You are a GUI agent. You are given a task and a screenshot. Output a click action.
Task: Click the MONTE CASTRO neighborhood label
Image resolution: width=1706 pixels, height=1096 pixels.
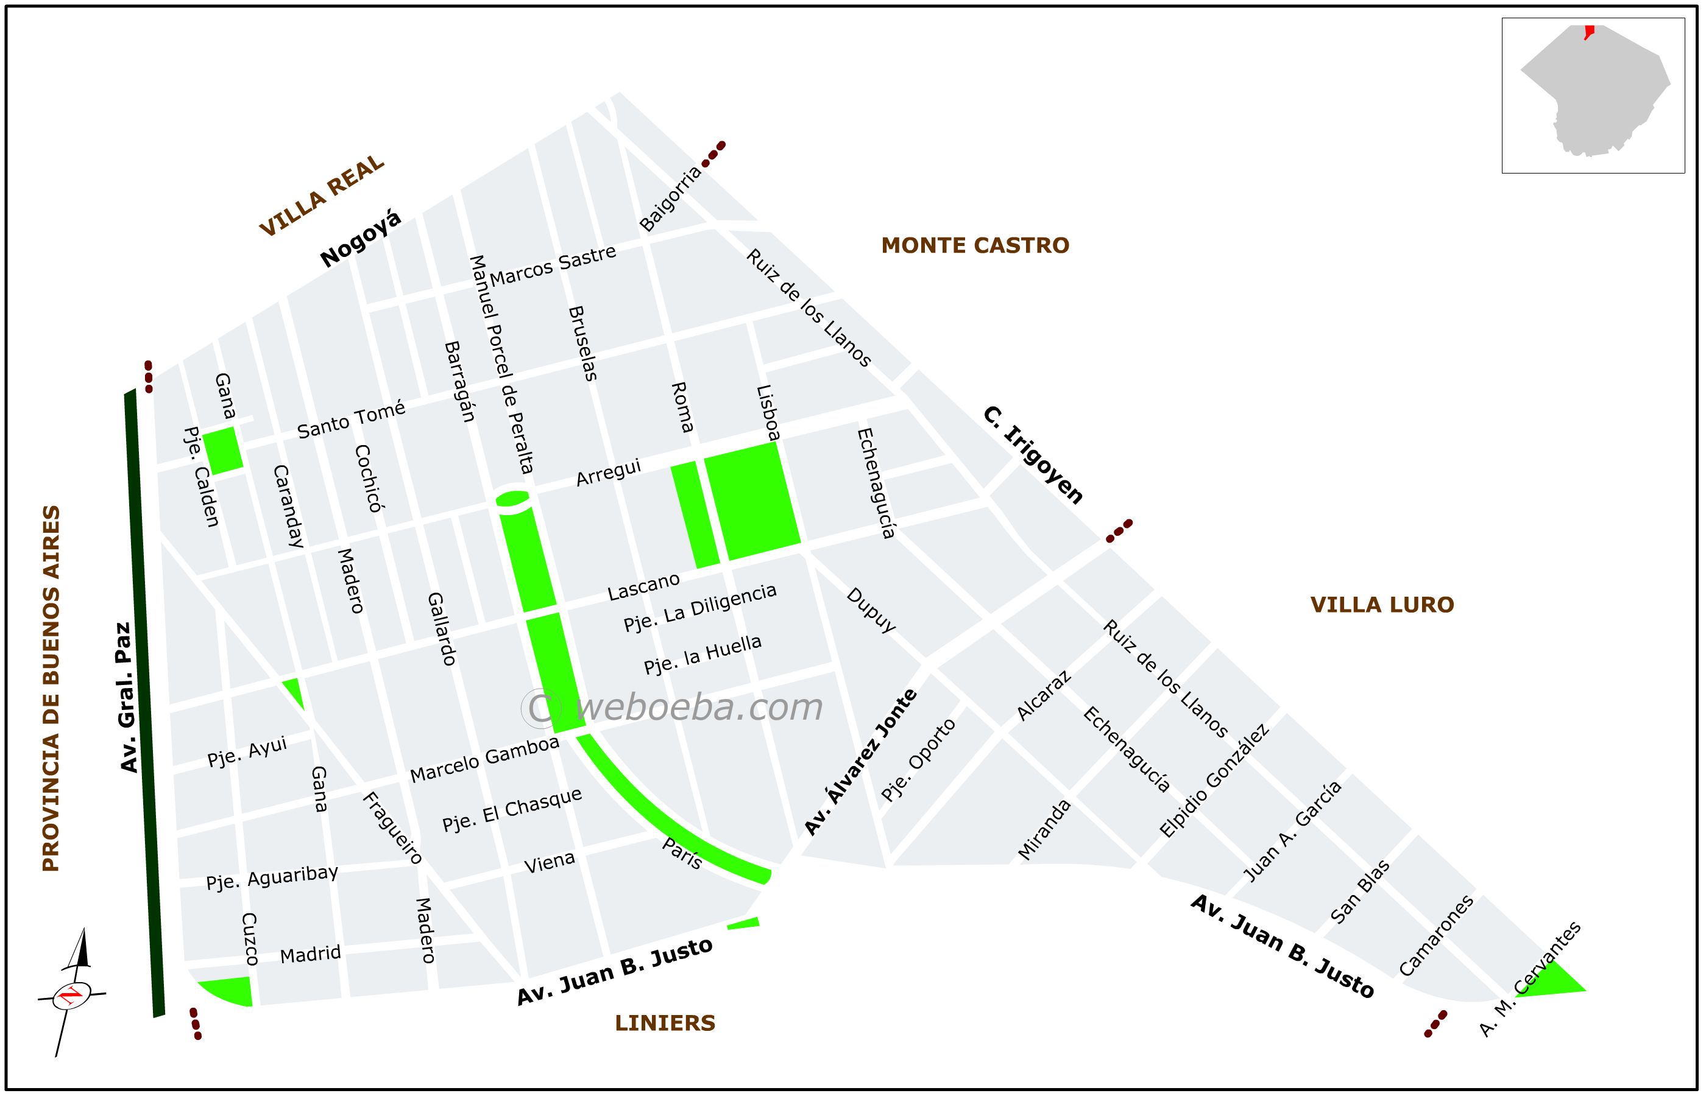[x=975, y=245]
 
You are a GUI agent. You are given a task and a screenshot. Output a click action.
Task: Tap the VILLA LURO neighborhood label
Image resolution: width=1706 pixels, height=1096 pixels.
[x=1381, y=605]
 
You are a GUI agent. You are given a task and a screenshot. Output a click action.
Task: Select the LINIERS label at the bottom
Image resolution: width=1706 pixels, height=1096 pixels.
[x=664, y=1023]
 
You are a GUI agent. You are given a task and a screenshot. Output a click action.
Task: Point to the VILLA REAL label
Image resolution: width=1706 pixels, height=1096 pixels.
[x=321, y=195]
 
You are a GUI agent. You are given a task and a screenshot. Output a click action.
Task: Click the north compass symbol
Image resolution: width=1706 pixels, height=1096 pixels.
[x=71, y=993]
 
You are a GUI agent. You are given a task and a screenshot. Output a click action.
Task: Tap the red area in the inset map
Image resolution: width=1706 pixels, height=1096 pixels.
[x=1588, y=31]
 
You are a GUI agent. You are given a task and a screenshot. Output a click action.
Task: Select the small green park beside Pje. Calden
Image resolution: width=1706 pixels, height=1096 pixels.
[x=223, y=450]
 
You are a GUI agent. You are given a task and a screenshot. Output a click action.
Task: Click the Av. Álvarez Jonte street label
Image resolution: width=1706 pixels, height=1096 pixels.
[x=860, y=762]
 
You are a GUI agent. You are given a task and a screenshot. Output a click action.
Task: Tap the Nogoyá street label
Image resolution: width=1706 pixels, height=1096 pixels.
[x=360, y=239]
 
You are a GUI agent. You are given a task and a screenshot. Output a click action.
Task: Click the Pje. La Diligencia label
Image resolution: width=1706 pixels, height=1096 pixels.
[x=699, y=608]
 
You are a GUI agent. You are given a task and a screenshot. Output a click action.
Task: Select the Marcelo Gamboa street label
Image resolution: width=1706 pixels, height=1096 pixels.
[x=484, y=759]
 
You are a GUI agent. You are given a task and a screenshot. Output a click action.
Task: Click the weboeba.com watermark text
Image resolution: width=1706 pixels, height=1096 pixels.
[x=673, y=707]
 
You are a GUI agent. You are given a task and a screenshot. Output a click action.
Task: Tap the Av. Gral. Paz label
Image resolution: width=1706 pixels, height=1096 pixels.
[x=126, y=697]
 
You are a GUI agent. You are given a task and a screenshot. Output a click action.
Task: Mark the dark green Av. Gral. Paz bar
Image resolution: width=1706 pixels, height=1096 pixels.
[x=144, y=704]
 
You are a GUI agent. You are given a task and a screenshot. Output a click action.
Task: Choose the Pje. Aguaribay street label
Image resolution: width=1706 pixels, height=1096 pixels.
[x=272, y=877]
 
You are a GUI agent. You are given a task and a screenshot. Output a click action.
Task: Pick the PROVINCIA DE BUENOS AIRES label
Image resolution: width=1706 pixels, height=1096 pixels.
[x=51, y=688]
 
